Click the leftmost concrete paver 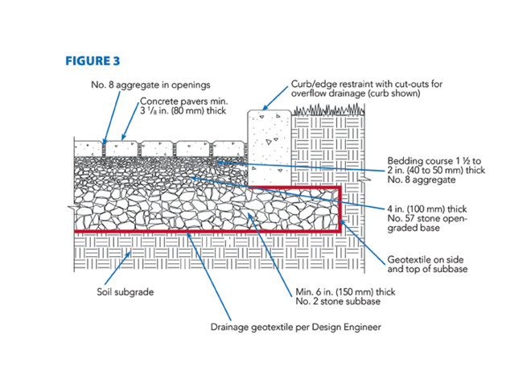[x=88, y=150]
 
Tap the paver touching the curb [x=228, y=150]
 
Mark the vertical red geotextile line [x=342, y=209]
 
